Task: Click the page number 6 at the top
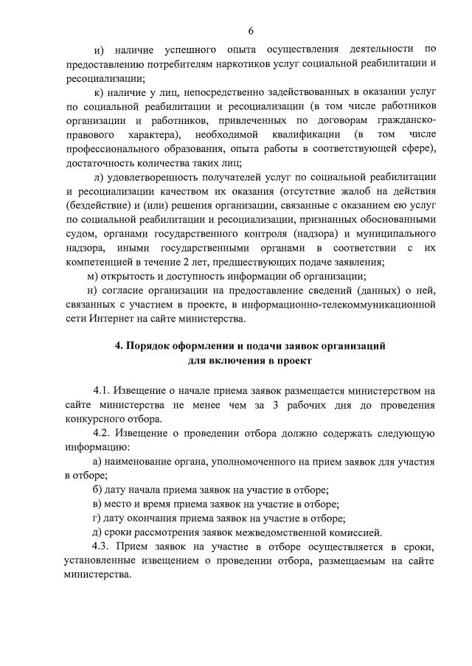coord(250,30)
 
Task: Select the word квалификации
coord(308,135)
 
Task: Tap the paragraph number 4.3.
coord(103,547)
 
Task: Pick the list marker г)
coord(97,518)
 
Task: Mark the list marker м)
coord(93,276)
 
